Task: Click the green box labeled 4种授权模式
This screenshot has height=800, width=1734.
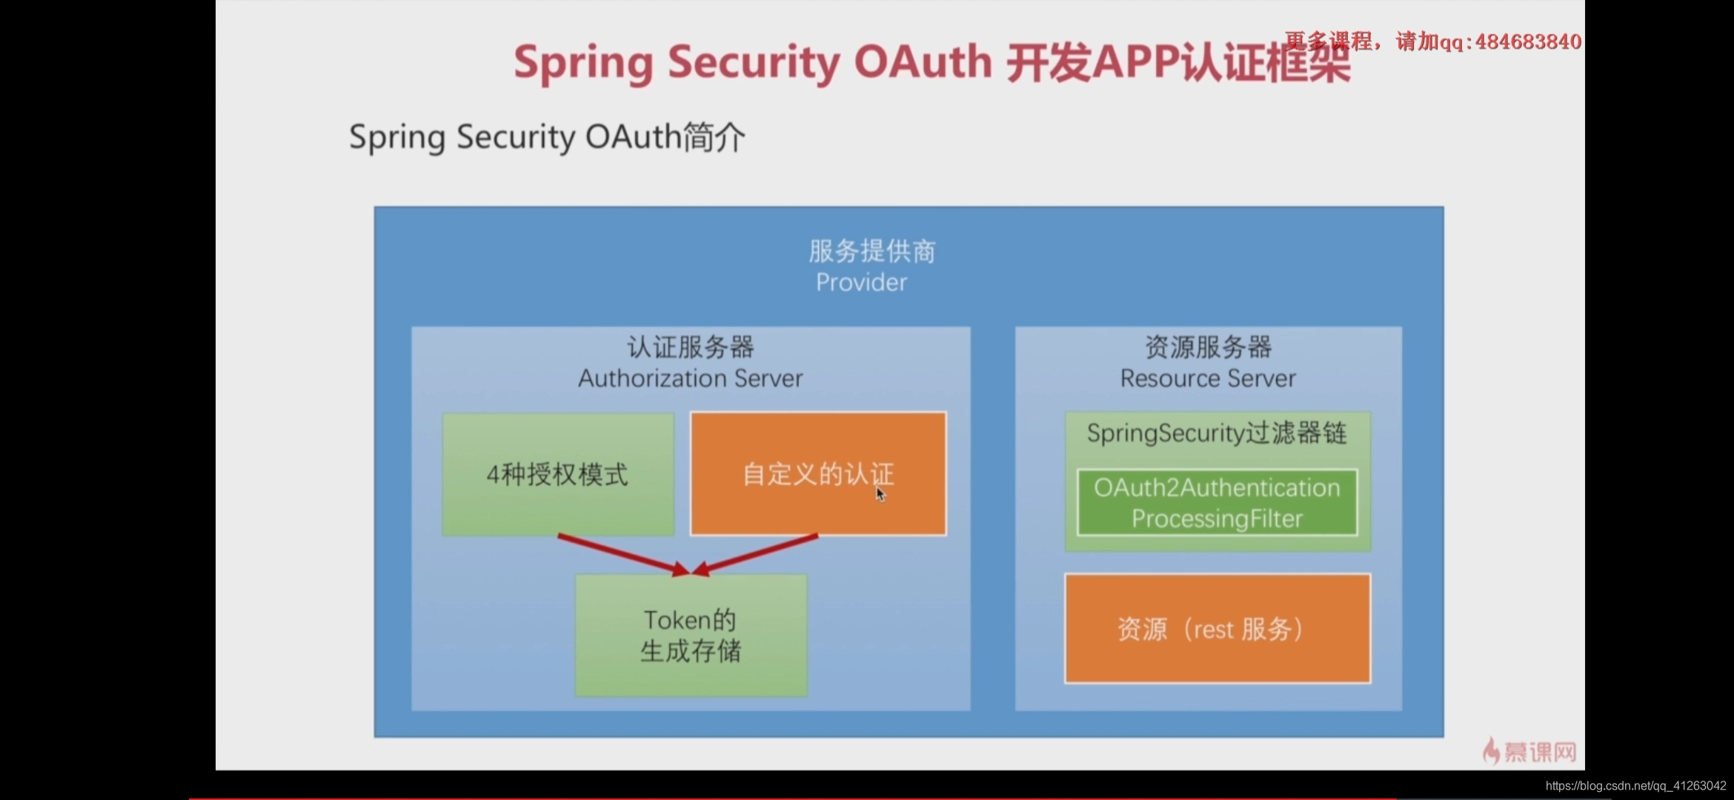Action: pos(557,474)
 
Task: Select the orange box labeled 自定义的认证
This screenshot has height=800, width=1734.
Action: pos(817,474)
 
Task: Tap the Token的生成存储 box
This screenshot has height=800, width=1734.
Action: pos(691,636)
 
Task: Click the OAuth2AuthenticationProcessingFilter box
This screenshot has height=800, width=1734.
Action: pos(1217,503)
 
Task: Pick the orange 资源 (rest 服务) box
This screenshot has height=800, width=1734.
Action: pos(1217,629)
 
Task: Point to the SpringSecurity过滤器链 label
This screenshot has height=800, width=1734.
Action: pos(1216,433)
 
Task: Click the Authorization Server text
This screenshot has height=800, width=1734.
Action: pos(690,379)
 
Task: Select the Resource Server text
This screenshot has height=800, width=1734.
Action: pos(1208,379)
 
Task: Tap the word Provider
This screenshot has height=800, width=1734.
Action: pos(861,282)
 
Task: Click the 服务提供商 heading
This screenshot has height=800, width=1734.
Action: pos(871,252)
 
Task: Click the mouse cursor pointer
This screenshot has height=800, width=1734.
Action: pos(880,494)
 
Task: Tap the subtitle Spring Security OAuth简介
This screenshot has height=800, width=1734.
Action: pos(547,137)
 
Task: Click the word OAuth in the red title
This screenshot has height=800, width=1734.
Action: pos(923,62)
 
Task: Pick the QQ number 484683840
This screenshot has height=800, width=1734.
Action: pos(1528,42)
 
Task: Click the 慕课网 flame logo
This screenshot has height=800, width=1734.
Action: pos(1491,751)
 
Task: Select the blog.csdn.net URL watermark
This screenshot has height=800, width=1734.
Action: pos(1635,786)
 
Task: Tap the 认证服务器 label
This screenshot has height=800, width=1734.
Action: pos(690,347)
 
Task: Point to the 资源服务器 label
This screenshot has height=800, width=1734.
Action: pos(1208,347)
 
